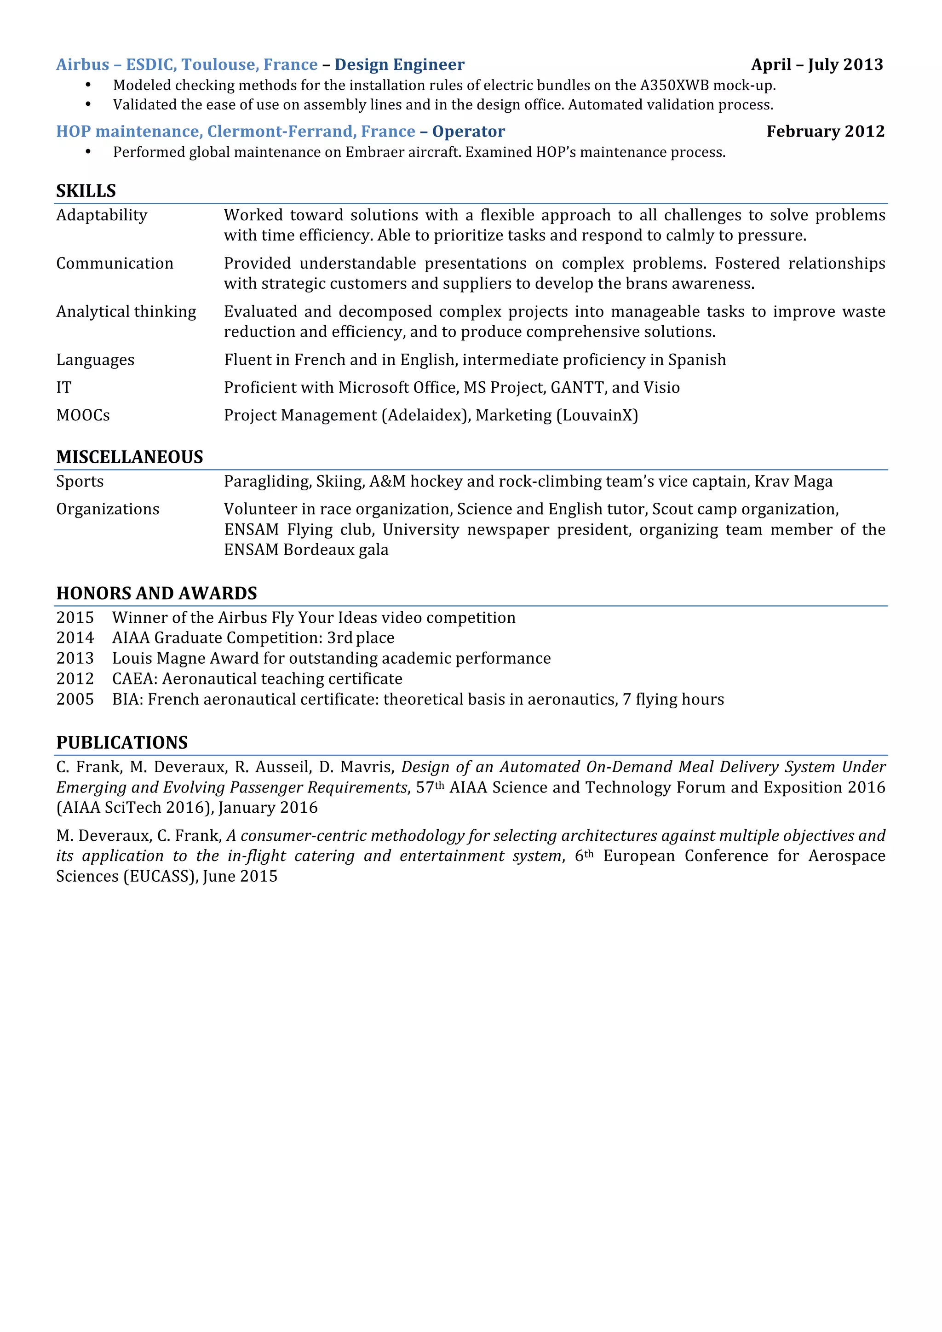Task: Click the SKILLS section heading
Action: (x=86, y=191)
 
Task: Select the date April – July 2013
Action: (x=817, y=64)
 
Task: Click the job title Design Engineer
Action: (x=399, y=64)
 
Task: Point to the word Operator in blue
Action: (x=468, y=131)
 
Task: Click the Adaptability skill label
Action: (x=102, y=215)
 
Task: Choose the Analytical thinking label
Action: (x=126, y=311)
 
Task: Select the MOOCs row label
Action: (x=83, y=415)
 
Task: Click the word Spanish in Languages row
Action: (x=697, y=360)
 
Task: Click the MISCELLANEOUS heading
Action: (x=129, y=457)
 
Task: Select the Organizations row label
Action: (x=107, y=509)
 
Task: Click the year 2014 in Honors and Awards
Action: (x=75, y=638)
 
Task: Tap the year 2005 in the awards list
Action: (x=75, y=700)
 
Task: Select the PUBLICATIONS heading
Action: (x=122, y=742)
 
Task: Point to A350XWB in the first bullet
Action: (x=674, y=85)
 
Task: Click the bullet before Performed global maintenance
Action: (x=88, y=152)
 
